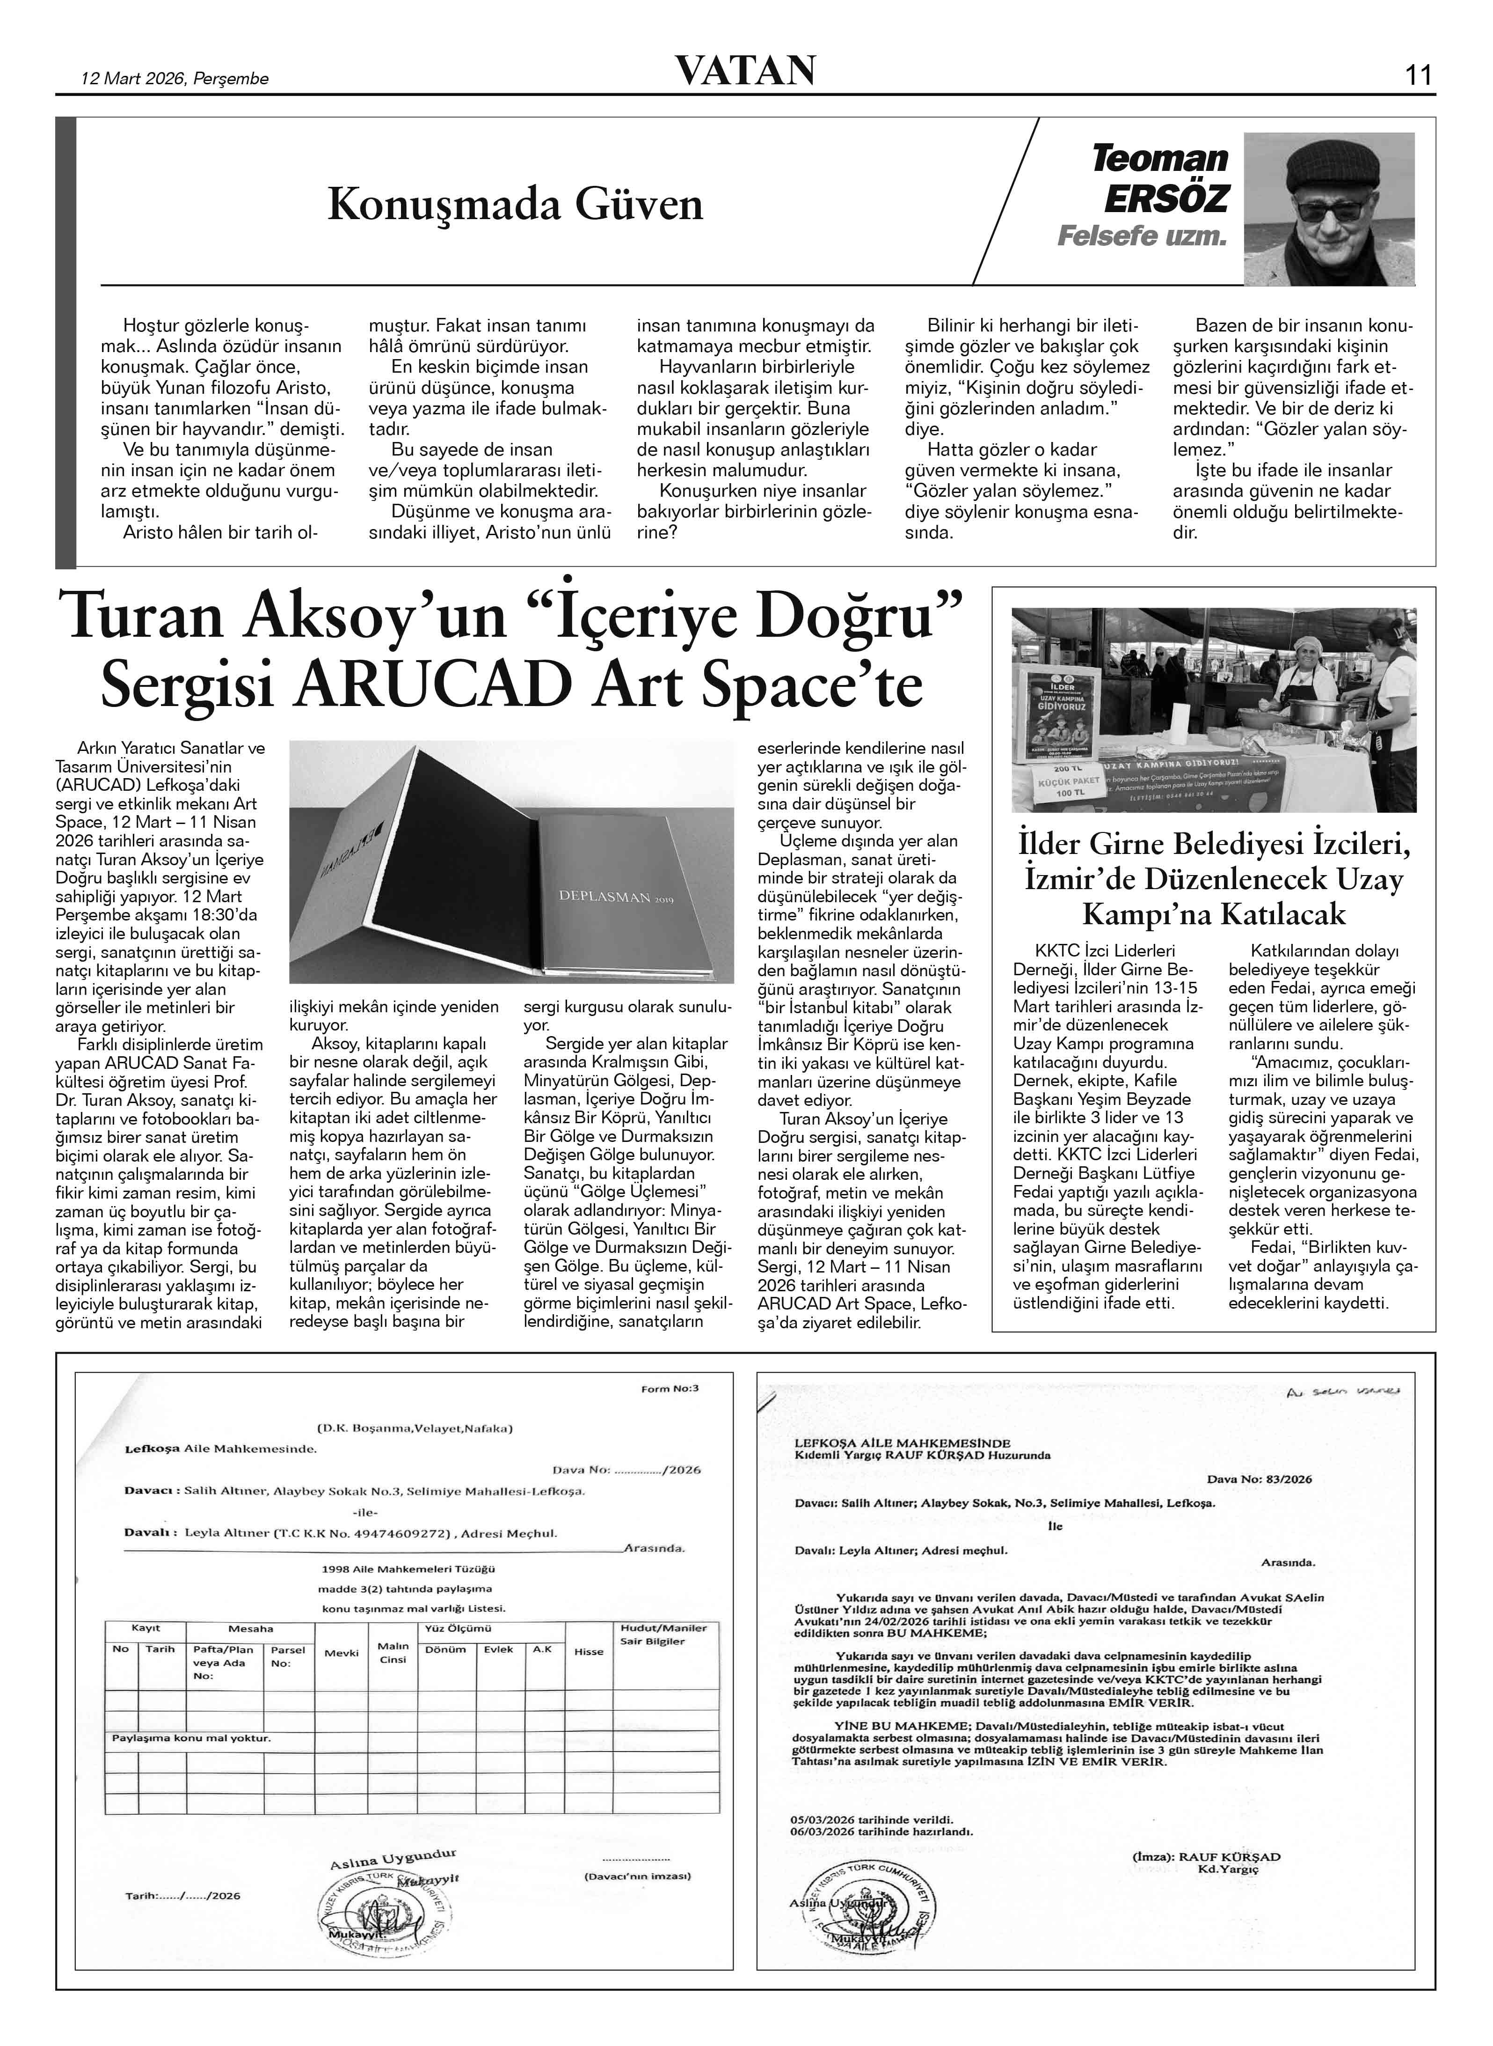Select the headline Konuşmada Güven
click(515, 204)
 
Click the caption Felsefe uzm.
click(1143, 237)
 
